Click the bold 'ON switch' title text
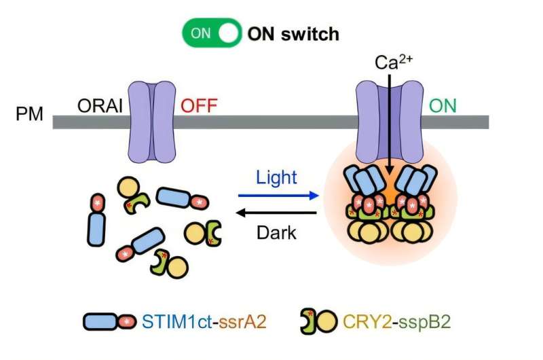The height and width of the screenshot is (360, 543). click(x=293, y=33)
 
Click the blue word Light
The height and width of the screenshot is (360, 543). click(x=276, y=178)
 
